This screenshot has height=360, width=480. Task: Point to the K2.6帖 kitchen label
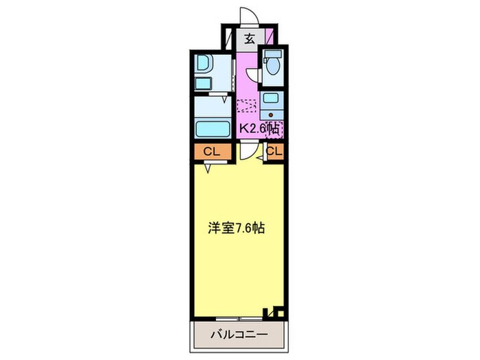259,128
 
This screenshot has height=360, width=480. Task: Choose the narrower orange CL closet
274,152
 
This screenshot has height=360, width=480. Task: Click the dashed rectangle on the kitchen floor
246,106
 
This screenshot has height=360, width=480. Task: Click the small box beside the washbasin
203,84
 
